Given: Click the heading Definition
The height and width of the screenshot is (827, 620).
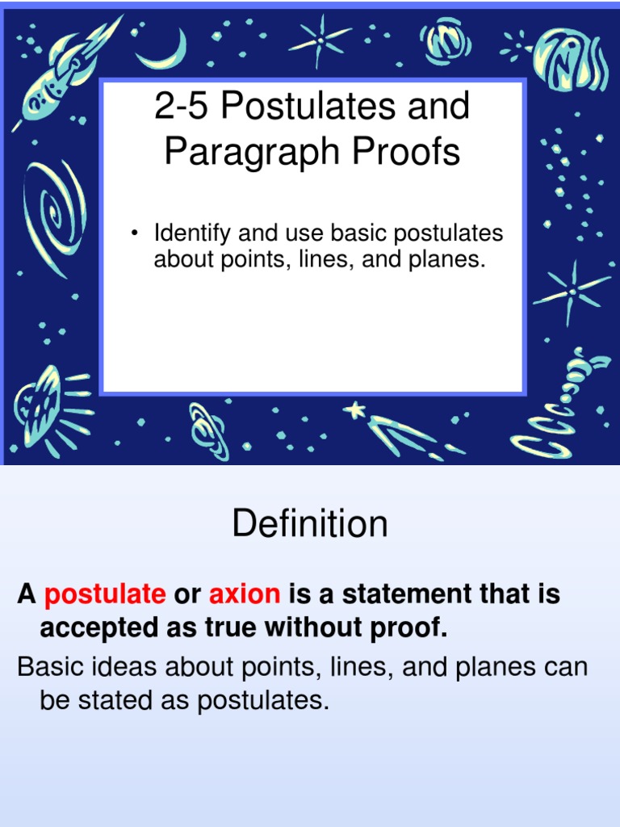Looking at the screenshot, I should (x=310, y=524).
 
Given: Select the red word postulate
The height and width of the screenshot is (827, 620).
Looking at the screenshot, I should (x=105, y=595).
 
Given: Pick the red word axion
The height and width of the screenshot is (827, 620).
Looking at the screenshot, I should (x=245, y=595).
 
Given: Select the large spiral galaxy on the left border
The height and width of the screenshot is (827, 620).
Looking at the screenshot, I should (x=53, y=207).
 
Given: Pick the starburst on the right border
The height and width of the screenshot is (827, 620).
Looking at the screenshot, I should (x=572, y=291).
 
